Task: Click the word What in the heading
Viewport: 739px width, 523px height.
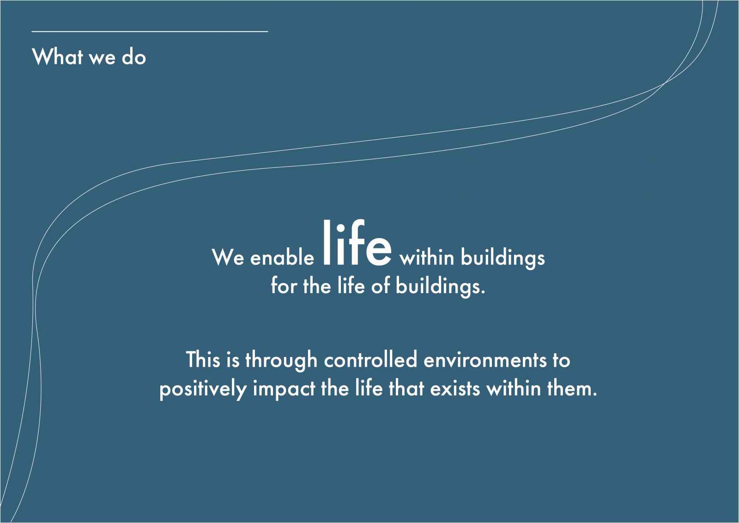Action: [57, 56]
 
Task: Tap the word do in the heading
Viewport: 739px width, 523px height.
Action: [133, 56]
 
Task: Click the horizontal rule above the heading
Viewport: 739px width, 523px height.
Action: [150, 31]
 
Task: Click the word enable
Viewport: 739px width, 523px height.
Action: [282, 258]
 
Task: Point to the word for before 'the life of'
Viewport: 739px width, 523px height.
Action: [284, 285]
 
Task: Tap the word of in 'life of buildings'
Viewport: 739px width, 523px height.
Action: [381, 285]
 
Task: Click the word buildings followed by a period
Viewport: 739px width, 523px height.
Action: [441, 286]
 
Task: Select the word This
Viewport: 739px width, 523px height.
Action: [203, 359]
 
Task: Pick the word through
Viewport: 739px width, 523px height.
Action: [281, 360]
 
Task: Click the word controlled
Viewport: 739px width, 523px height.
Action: [370, 359]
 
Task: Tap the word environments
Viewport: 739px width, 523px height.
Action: [485, 360]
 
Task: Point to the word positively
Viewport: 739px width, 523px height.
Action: [203, 389]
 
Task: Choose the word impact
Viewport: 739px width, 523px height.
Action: [284, 389]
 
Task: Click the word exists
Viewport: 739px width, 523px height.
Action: [455, 388]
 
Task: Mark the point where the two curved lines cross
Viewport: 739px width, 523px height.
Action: [665, 83]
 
